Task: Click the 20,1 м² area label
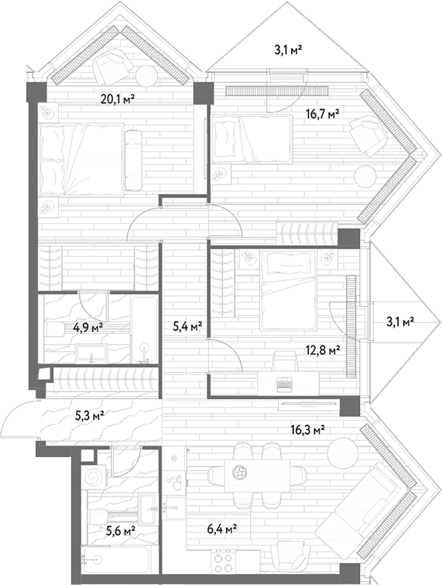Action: tap(118, 99)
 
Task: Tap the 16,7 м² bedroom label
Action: tap(323, 113)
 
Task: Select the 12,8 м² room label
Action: tap(323, 351)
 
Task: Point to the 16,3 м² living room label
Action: tap(307, 430)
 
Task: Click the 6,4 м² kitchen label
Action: tap(222, 528)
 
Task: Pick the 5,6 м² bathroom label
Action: tap(121, 531)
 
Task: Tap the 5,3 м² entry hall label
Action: tap(89, 415)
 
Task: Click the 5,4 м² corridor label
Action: tap(187, 327)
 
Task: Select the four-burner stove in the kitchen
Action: tap(224, 563)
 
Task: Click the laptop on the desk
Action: tap(285, 384)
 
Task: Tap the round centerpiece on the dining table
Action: tap(239, 473)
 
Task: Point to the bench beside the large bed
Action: tap(133, 160)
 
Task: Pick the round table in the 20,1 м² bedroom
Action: tap(146, 76)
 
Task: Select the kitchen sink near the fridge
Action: tap(176, 482)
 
